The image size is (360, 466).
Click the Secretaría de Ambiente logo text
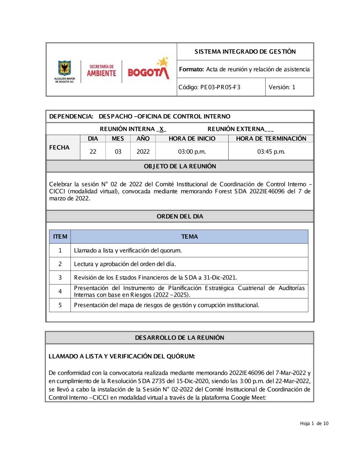pyautogui.click(x=102, y=71)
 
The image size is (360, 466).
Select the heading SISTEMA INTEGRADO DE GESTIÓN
pyautogui.click(x=245, y=51)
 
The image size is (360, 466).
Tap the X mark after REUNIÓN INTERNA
pyautogui.click(x=162, y=129)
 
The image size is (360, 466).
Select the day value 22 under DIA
pyautogui.click(x=93, y=152)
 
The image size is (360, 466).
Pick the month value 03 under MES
pyautogui.click(x=118, y=152)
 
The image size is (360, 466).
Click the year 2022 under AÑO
pyautogui.click(x=143, y=152)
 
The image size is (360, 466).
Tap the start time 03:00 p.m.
pyautogui.click(x=192, y=152)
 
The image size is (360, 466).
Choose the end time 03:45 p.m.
pyautogui.click(x=271, y=152)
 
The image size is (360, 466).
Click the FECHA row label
pyautogui.click(x=59, y=147)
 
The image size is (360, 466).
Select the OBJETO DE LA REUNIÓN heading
pyautogui.click(x=180, y=166)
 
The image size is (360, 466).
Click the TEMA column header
pyautogui.click(x=189, y=237)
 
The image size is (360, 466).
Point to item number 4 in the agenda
pyautogui.click(x=60, y=291)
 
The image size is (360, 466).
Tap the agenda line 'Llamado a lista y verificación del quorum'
pyautogui.click(x=128, y=250)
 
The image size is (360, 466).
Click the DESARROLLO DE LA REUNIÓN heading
pyautogui.click(x=180, y=337)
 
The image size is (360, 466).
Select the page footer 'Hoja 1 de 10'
pyautogui.click(x=314, y=424)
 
